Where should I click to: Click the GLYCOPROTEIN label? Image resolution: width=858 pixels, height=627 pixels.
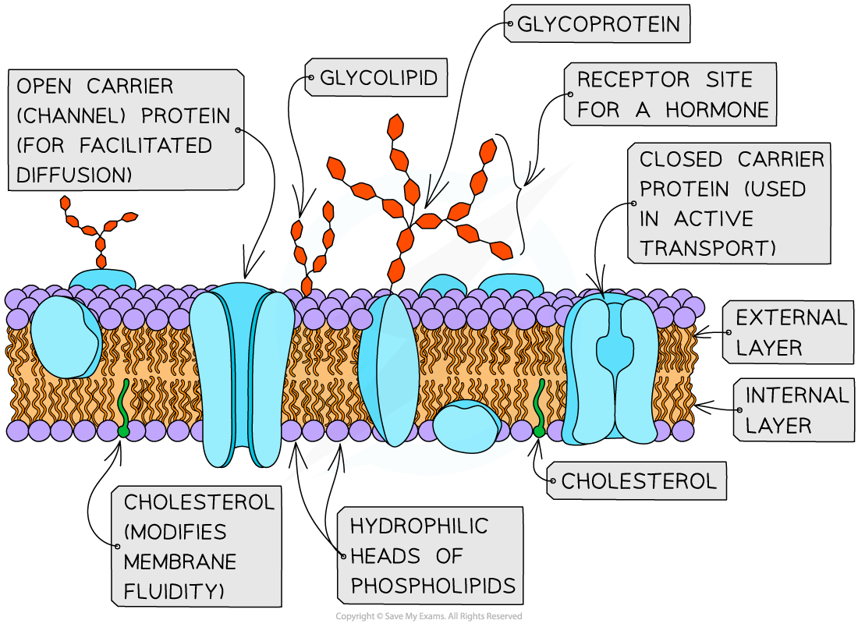[x=598, y=25]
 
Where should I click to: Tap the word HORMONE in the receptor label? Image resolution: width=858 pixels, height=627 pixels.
[x=718, y=110]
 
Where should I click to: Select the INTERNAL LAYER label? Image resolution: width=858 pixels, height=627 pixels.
[x=795, y=410]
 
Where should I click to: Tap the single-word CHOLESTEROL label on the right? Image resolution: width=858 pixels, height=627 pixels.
[x=638, y=481]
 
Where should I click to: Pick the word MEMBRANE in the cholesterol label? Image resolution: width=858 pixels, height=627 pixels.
[x=180, y=561]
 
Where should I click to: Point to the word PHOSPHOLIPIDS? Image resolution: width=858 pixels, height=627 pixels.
[x=433, y=586]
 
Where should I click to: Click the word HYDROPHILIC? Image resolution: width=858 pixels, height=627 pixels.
[x=419, y=526]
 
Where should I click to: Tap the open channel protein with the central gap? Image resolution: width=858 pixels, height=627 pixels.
[x=242, y=374]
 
